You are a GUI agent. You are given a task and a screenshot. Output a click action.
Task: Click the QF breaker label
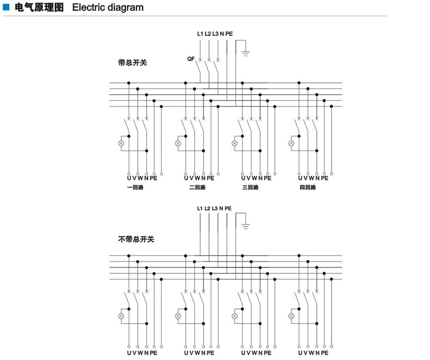coord(191,58)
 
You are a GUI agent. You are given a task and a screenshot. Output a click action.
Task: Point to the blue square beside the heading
coord(7,8)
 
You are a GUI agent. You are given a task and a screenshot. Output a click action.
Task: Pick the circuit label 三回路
coord(250,187)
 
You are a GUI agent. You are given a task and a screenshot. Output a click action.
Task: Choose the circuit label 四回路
coord(308,187)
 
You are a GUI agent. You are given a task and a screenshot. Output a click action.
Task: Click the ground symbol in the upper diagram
coord(245,52)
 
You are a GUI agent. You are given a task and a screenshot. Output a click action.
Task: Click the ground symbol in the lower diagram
coord(245,225)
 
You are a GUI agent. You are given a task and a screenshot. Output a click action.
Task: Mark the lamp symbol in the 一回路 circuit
coord(121,143)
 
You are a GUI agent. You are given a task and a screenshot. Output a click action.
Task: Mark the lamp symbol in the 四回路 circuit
coord(291,143)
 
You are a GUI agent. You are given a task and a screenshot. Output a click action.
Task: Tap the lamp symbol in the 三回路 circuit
coord(235,143)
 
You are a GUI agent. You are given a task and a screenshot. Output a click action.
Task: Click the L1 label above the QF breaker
coord(200,34)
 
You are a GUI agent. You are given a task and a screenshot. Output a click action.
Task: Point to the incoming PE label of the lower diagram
coord(228,209)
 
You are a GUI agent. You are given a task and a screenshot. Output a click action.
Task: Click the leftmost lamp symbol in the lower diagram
coord(121,316)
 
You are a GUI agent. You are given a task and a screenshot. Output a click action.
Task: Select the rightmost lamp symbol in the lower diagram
coord(291,316)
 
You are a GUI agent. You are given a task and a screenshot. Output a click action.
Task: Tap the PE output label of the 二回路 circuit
coord(211,178)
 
